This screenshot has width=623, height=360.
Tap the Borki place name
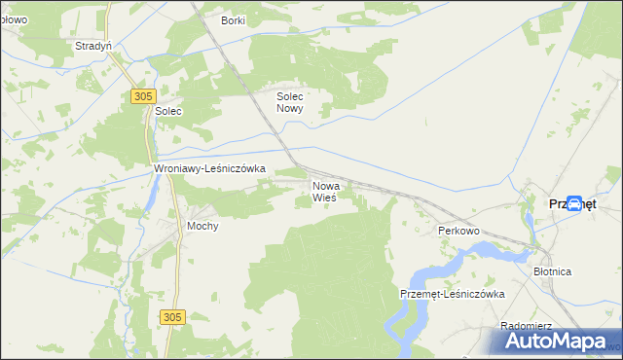click(x=233, y=20)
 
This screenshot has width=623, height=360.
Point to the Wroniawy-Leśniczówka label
click(x=210, y=168)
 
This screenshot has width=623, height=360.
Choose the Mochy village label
click(x=202, y=226)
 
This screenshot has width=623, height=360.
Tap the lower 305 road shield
click(x=171, y=317)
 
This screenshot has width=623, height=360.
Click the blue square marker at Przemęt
click(x=575, y=204)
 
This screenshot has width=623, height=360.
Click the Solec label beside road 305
click(x=168, y=112)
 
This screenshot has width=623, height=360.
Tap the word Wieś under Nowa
click(x=324, y=198)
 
